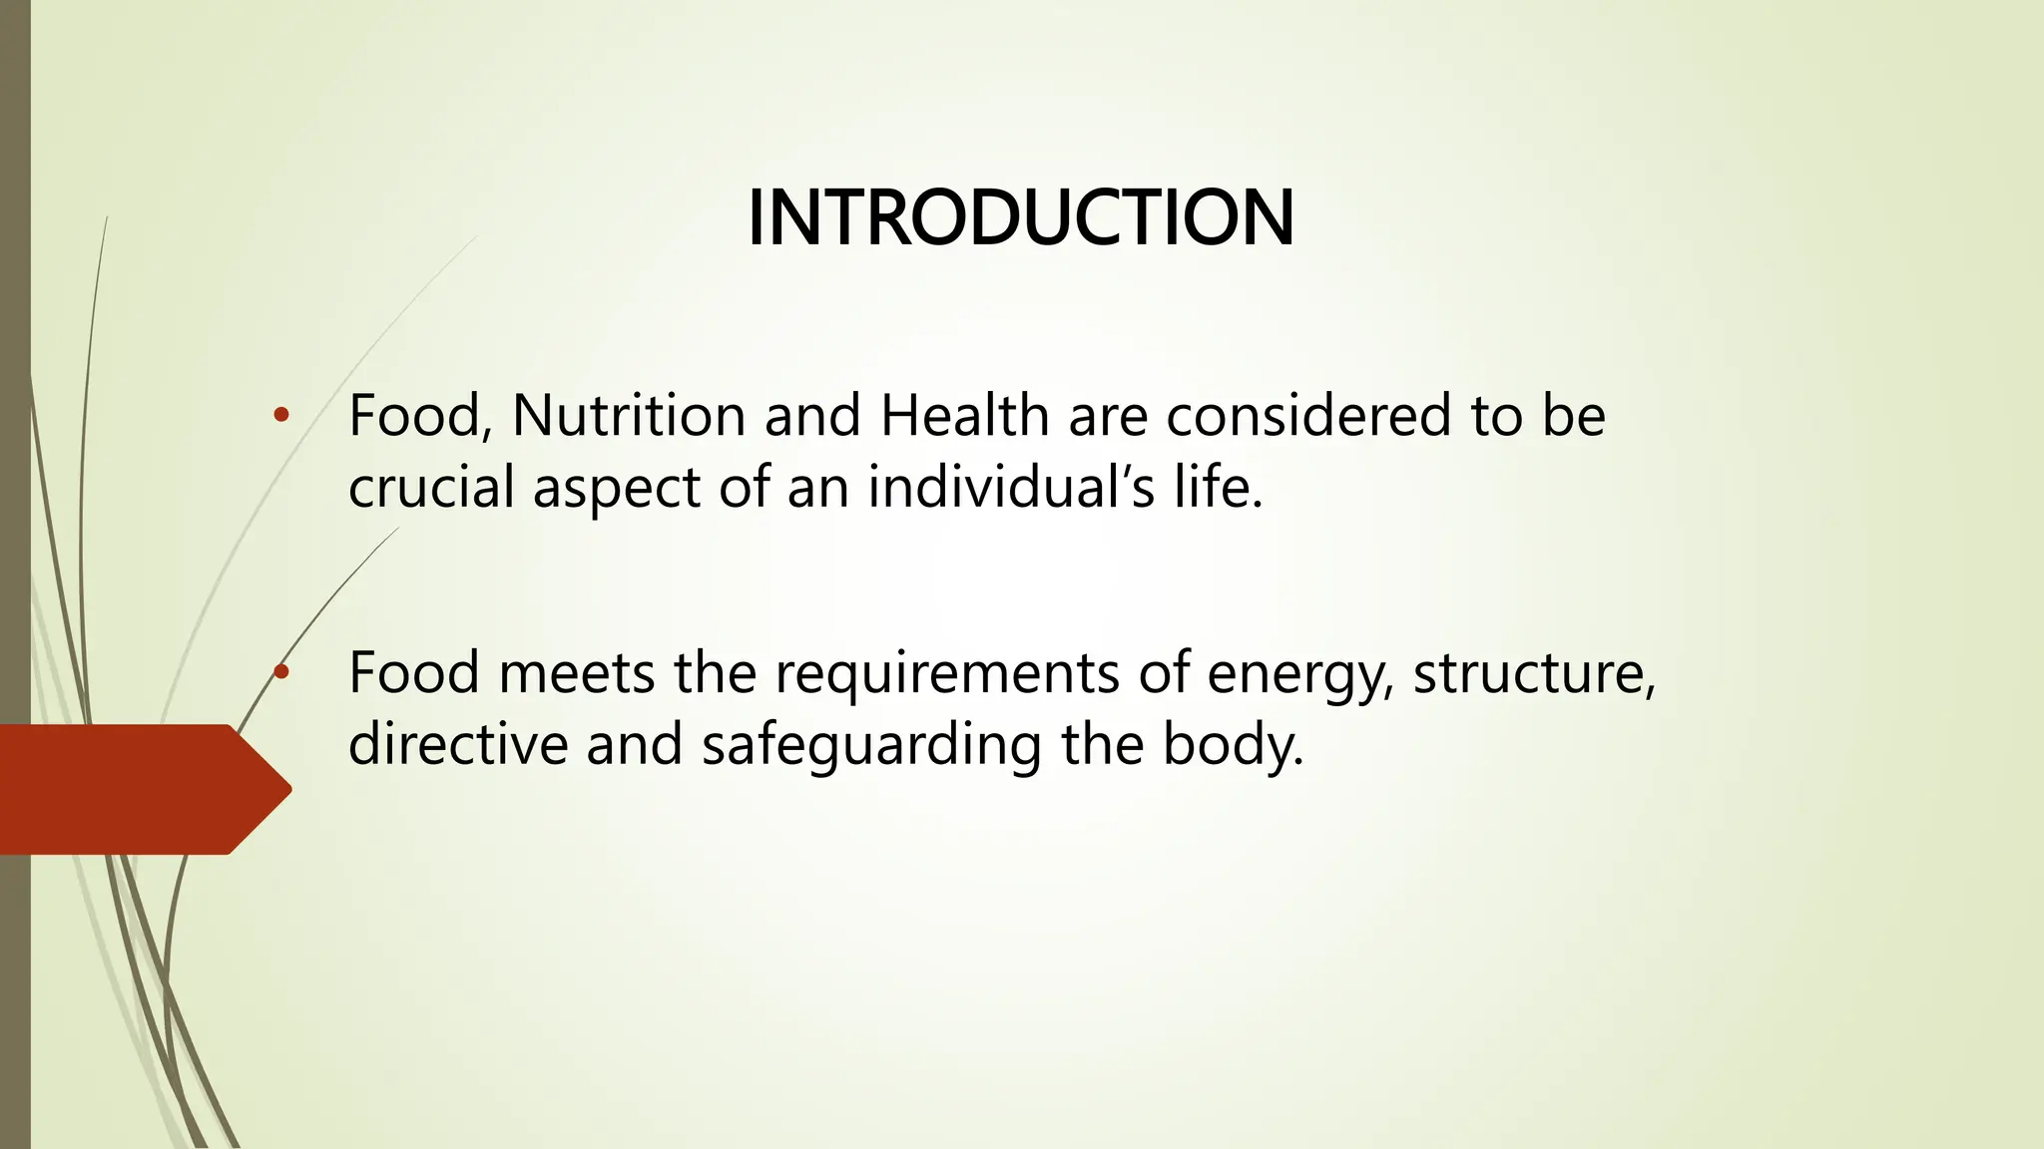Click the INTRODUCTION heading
(x=1021, y=217)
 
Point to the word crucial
(x=431, y=488)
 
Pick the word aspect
(x=616, y=490)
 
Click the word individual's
(x=1011, y=488)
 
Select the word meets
(x=576, y=672)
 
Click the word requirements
(x=947, y=674)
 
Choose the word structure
(x=1534, y=674)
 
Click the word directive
(x=458, y=744)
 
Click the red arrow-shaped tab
(x=140, y=789)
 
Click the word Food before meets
(x=414, y=672)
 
